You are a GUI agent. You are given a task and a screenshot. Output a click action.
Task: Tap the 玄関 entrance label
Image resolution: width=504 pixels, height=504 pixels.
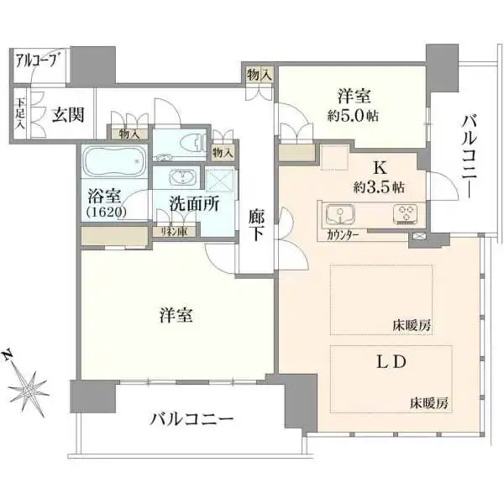[68, 115]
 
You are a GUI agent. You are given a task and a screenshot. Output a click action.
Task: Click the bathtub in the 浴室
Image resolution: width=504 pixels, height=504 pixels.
[114, 160]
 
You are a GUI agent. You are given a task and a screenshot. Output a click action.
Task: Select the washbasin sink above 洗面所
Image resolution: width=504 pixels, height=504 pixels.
[179, 177]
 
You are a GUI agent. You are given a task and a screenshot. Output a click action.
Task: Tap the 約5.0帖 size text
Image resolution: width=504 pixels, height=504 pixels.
[353, 115]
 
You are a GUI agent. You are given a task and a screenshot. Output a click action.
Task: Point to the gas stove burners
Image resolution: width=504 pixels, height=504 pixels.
[406, 213]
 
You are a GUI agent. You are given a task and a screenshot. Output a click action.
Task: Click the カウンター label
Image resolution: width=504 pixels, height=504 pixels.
[344, 236]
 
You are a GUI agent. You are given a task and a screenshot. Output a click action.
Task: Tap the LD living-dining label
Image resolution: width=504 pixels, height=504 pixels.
[391, 364]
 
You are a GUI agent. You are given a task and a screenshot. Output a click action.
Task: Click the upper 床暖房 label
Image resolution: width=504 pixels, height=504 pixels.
[411, 323]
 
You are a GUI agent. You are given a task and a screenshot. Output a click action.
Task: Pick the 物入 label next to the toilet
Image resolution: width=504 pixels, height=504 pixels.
[223, 153]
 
